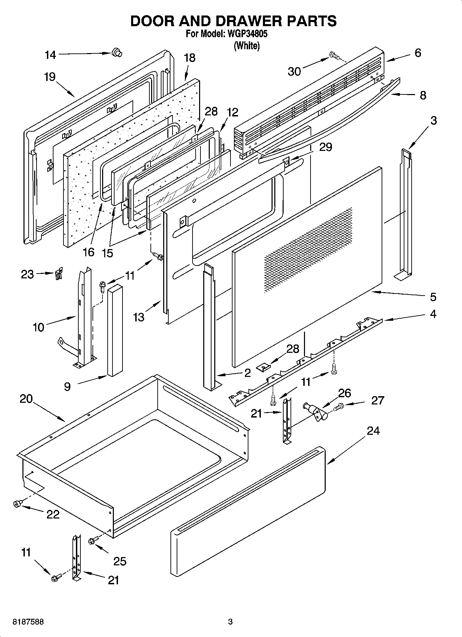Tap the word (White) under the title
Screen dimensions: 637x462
pos(246,46)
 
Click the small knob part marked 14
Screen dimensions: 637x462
pos(117,53)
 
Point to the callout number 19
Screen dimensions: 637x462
pos(50,76)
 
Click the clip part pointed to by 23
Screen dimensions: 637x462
pos(58,275)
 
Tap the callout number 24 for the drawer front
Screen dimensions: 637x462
pos(373,431)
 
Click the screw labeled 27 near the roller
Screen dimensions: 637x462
pos(340,407)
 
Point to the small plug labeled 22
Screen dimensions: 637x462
pos(17,504)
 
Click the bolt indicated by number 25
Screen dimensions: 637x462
pos(92,541)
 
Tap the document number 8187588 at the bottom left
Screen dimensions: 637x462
pos(28,622)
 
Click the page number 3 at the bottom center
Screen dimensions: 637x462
pos(230,622)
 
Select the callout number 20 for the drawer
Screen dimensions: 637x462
pos(26,399)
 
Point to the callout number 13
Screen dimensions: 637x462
pos(139,317)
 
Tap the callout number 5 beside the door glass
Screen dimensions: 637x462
pos(433,297)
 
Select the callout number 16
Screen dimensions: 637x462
pos(89,252)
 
